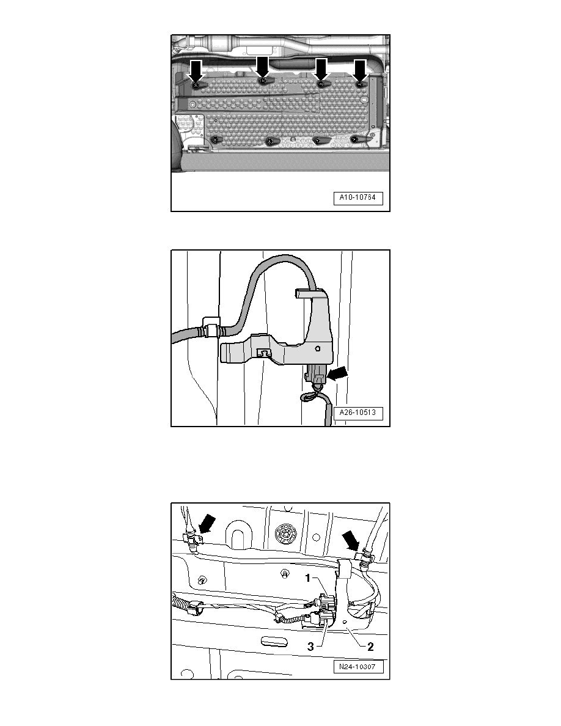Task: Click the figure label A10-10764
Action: [x=358, y=198]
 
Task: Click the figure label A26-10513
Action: [x=358, y=413]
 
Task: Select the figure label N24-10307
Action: [x=358, y=667]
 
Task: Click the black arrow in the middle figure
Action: [x=337, y=373]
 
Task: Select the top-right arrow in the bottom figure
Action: [x=350, y=540]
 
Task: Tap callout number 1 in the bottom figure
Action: [x=308, y=578]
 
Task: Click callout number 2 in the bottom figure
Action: [x=370, y=647]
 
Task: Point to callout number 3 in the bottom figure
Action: [x=310, y=647]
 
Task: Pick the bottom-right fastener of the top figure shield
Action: [x=356, y=139]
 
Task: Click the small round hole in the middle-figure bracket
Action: [x=317, y=348]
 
